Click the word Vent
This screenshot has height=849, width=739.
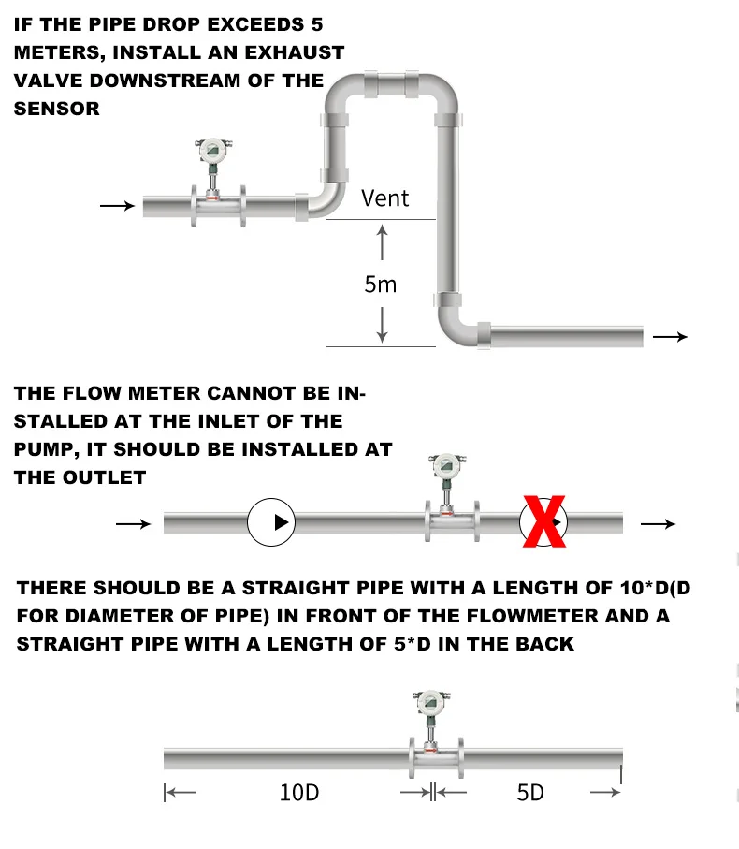point(384,198)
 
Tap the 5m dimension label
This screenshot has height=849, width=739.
point(381,285)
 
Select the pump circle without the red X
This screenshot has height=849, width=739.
point(271,522)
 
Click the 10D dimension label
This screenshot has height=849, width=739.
point(299,793)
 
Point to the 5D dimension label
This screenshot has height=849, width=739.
point(530,793)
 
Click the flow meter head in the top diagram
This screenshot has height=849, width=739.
point(212,149)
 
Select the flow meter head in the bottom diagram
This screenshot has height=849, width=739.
point(430,702)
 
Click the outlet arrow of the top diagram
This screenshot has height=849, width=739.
point(670,337)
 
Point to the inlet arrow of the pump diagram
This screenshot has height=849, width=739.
point(133,524)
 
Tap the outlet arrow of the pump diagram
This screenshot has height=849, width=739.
point(657,524)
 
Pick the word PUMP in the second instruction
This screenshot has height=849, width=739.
point(41,449)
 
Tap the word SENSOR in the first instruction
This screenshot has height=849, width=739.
point(56,109)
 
